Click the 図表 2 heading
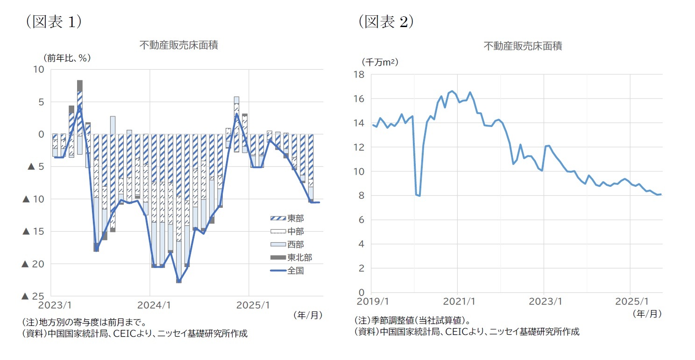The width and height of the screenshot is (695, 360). tap(386, 22)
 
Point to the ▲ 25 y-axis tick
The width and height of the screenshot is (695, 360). tap(33, 296)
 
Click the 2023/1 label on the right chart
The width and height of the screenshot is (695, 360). tap(544, 301)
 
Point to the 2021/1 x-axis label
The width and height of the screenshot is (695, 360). tap(457, 301)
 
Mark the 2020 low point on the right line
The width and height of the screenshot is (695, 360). tap(419, 196)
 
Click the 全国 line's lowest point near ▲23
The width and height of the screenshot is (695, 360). tap(179, 282)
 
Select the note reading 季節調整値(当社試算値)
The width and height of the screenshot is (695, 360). tap(412, 321)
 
